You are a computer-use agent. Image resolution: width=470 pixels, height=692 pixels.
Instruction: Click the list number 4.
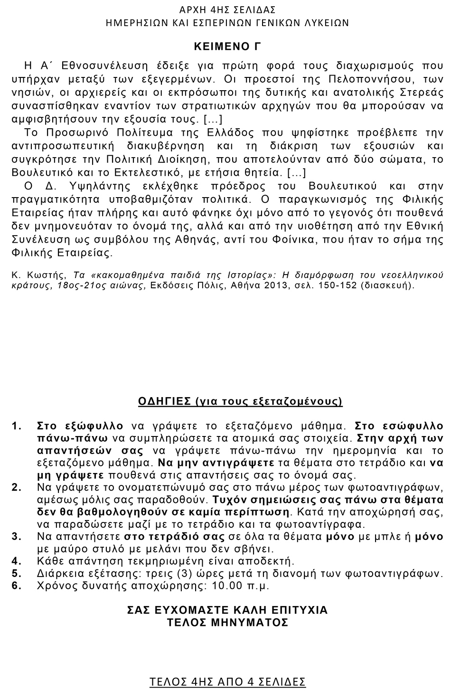[x=17, y=561]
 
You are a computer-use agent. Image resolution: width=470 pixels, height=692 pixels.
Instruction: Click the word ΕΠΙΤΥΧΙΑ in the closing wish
[x=296, y=610]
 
